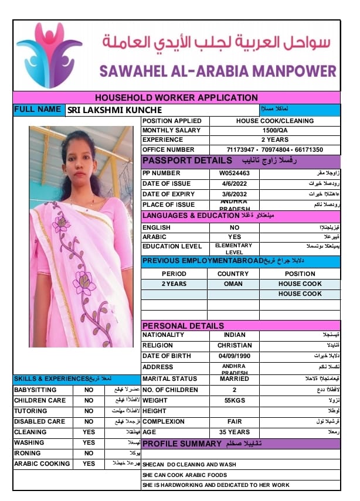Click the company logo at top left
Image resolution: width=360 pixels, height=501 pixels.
pyautogui.click(x=49, y=55)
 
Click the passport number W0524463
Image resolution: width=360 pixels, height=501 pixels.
pyautogui.click(x=235, y=173)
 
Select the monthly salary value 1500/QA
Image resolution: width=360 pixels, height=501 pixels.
pyautogui.click(x=274, y=131)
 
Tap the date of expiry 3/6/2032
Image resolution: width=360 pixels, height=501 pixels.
pyautogui.click(x=235, y=194)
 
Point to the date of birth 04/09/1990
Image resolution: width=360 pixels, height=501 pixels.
pyautogui.click(x=235, y=356)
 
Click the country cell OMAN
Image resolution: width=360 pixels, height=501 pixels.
pyautogui.click(x=233, y=284)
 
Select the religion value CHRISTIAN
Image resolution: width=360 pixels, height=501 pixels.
pyautogui.click(x=235, y=346)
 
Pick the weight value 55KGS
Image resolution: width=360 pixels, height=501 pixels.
pyautogui.click(x=235, y=400)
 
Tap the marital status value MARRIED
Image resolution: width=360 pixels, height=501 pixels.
pyautogui.click(x=235, y=379)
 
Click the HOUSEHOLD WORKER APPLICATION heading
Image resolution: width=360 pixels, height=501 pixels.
pyautogui.click(x=176, y=98)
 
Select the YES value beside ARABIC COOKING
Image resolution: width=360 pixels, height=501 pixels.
pyautogui.click(x=89, y=463)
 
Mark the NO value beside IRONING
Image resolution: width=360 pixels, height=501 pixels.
pyautogui.click(x=89, y=453)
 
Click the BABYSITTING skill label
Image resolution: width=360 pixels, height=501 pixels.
pyautogui.click(x=35, y=390)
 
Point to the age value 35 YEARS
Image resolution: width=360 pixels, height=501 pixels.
pyautogui.click(x=235, y=432)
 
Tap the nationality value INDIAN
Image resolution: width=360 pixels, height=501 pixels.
pyautogui.click(x=235, y=335)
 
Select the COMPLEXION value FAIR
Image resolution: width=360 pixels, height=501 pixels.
pyautogui.click(x=235, y=421)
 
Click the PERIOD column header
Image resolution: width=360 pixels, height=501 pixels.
pyautogui.click(x=174, y=274)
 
